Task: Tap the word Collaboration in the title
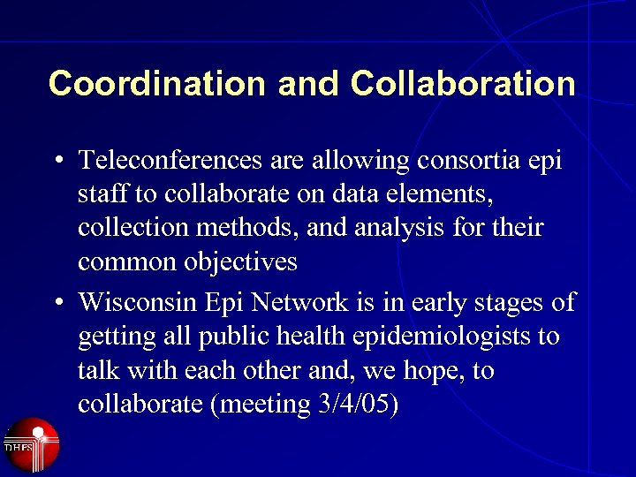pyautogui.click(x=463, y=84)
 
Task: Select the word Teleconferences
pyautogui.click(x=170, y=161)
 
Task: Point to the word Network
pyautogui.click(x=301, y=302)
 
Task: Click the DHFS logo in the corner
pyautogui.click(x=31, y=444)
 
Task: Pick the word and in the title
pyautogui.click(x=308, y=84)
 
